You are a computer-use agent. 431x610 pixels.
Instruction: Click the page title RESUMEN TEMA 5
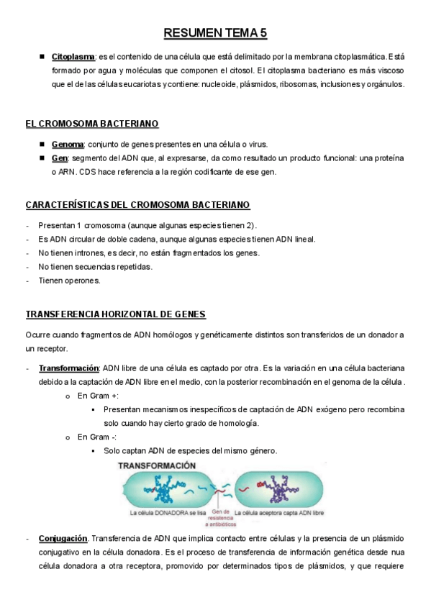coord(215,33)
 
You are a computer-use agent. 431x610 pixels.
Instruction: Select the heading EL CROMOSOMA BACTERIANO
coord(92,124)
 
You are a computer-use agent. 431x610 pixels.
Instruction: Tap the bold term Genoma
coord(68,144)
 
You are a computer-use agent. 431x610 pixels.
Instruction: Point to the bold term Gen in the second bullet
coord(60,158)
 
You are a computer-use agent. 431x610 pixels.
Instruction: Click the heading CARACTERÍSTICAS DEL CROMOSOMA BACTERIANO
coord(137,205)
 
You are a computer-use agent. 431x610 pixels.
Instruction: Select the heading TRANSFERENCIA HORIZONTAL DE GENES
coord(115,314)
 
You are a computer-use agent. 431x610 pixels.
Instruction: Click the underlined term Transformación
coord(68,369)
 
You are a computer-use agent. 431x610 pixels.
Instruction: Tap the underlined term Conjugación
coord(63,539)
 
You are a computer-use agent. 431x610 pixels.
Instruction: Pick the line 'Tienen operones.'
coord(69,281)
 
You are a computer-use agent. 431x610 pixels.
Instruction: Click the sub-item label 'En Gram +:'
coord(98,396)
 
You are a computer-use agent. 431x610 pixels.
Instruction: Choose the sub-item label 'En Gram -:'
coord(96,437)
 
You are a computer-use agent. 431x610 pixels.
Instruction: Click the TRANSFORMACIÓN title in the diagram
coord(157,466)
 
